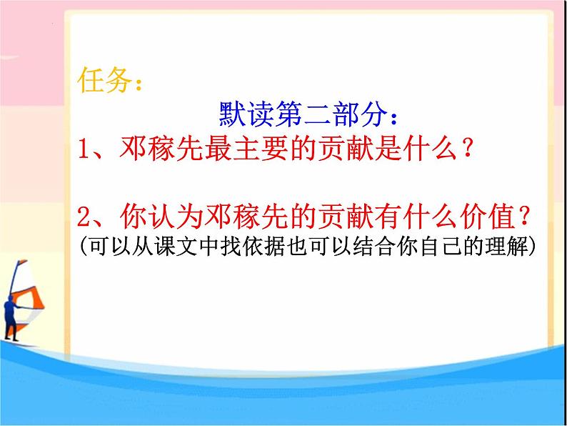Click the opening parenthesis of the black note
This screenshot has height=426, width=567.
click(x=84, y=246)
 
